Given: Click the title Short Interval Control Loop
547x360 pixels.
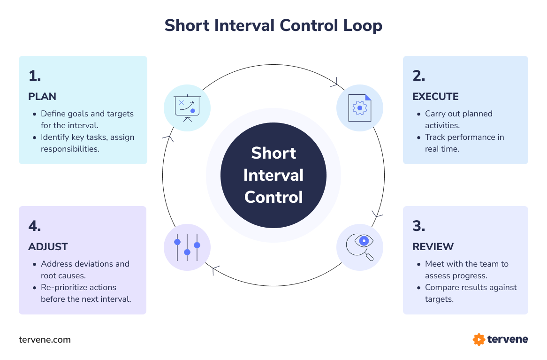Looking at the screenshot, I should point(273,25).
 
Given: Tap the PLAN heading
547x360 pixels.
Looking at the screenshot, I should point(42,97).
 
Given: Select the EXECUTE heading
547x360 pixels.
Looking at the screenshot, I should point(435,97).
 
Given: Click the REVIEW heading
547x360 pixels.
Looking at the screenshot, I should point(433,247).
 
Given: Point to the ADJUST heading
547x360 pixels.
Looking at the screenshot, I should point(48,247).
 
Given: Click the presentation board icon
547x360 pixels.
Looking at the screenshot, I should point(187,108).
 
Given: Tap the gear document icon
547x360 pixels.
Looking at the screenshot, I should point(360,108).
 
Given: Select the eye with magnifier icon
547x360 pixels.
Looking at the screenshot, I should point(360,247).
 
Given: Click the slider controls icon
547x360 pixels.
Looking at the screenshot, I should point(187,247).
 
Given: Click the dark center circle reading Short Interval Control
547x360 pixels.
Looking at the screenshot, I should point(273,175).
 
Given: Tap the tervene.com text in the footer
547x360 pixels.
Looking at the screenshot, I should point(45,339).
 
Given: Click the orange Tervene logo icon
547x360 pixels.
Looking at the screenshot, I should point(479,339).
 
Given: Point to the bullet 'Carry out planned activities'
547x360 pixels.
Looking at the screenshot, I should point(458,119).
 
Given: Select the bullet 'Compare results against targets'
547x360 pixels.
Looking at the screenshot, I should point(471,293).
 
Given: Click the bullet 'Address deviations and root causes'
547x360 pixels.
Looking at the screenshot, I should point(85,269).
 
